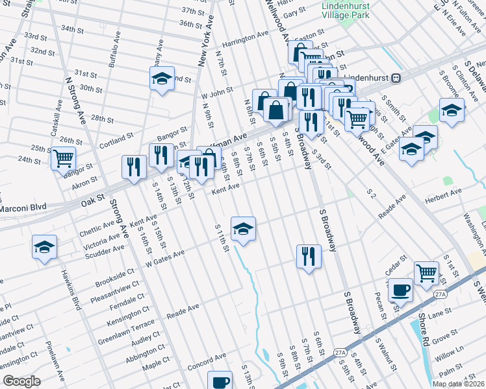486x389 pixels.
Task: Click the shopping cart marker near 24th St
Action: (63, 158)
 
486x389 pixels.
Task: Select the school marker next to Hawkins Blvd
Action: (44, 247)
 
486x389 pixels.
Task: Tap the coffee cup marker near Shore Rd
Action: (400, 289)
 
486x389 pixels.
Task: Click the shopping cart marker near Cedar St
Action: (426, 272)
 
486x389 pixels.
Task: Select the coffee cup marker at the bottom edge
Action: (220, 381)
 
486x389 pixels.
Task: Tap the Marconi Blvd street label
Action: (23, 207)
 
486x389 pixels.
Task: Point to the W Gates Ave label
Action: (166, 258)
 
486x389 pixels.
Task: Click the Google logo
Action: (21, 381)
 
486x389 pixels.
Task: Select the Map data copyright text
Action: (458, 384)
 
